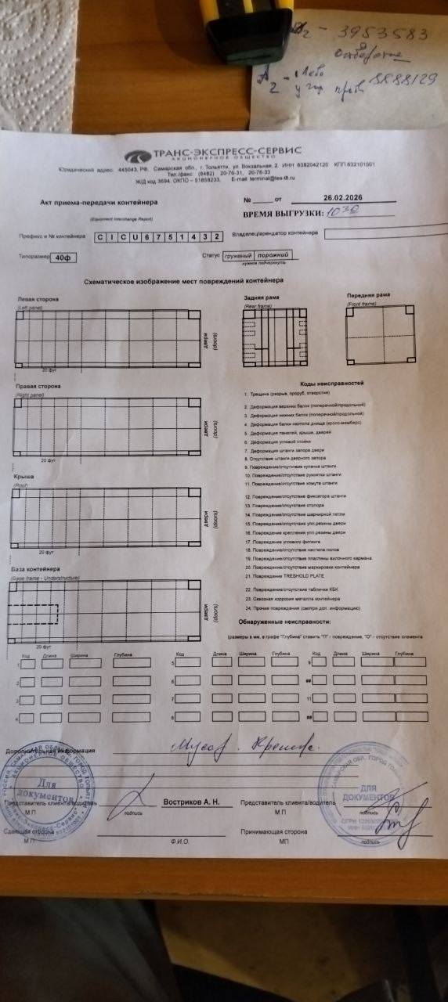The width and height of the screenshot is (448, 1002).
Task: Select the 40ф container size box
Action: click(57, 258)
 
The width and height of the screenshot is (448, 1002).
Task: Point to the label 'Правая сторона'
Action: click(38, 387)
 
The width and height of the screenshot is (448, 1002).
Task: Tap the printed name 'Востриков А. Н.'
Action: click(192, 802)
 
